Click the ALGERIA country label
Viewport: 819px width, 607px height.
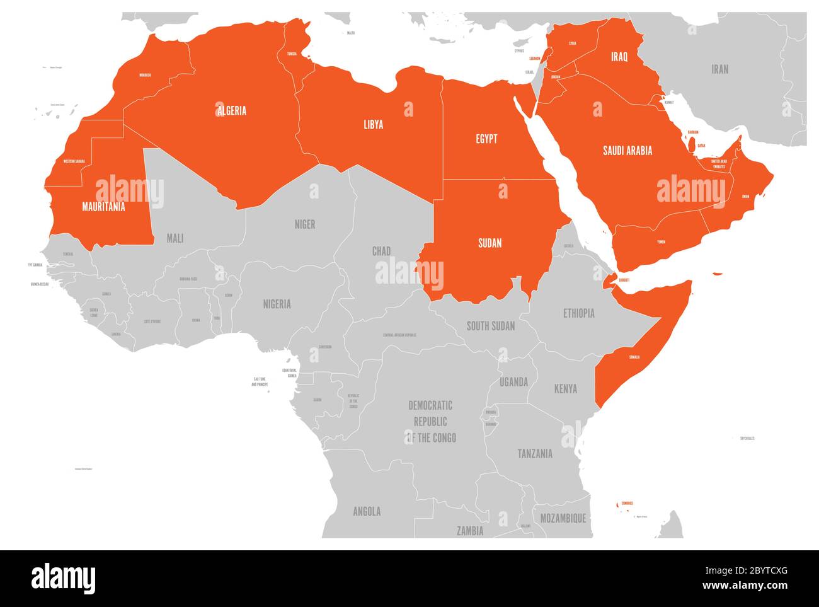[232, 111]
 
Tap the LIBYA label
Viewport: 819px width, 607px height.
[373, 124]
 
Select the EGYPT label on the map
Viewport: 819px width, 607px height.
[486, 139]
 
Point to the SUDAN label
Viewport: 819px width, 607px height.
[490, 243]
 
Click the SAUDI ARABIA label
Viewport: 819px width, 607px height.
[627, 150]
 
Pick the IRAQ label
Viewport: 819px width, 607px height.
[619, 57]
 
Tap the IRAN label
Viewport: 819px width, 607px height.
[719, 69]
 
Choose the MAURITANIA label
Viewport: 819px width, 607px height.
[103, 206]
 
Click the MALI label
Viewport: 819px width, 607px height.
[175, 238]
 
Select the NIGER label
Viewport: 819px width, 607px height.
[305, 224]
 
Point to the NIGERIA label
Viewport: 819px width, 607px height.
[277, 304]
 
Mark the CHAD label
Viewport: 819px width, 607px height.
[381, 251]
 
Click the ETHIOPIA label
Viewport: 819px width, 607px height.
[578, 313]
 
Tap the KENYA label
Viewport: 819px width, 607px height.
[565, 389]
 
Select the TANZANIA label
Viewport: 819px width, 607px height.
[535, 453]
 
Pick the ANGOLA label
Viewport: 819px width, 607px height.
[367, 511]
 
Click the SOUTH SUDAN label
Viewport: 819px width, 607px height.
[491, 326]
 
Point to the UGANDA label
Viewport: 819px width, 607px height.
[513, 382]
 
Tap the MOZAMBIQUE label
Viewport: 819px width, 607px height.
[563, 518]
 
